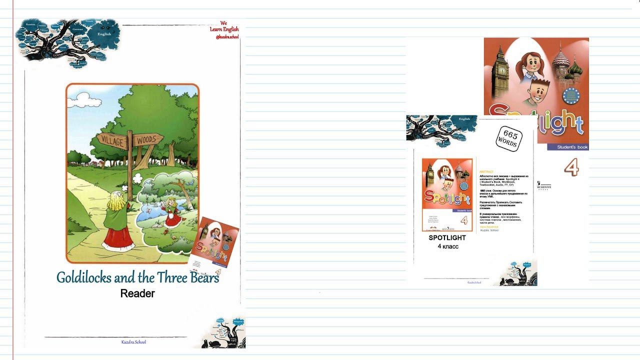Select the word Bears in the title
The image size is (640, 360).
204,277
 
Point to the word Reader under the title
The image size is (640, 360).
137,293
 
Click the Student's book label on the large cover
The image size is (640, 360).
569,147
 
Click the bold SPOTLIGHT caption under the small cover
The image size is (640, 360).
447,238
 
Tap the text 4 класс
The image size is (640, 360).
447,246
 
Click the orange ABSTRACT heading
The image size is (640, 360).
486,171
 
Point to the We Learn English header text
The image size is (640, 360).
224,29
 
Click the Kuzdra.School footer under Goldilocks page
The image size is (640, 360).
133,342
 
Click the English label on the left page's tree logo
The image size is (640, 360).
104,34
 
